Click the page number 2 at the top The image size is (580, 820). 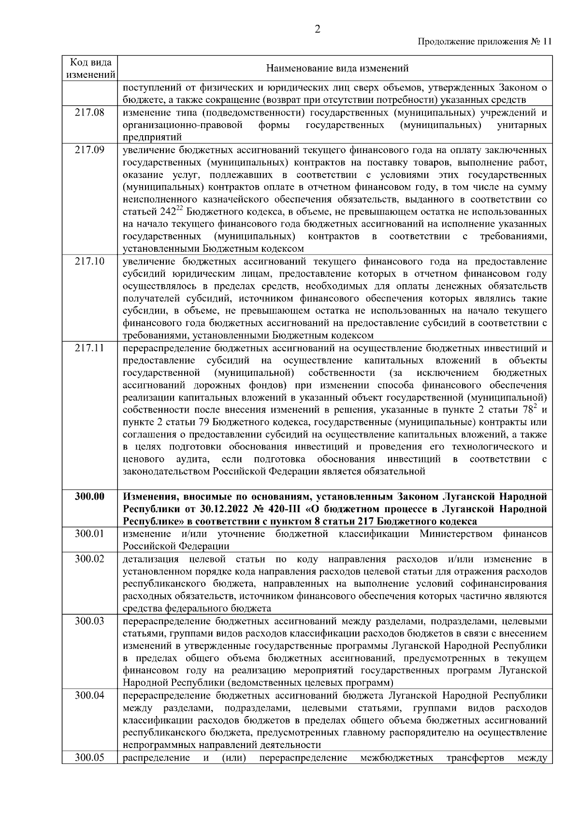click(x=317, y=29)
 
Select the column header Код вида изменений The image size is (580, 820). click(x=90, y=69)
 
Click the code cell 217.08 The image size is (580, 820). click(x=90, y=113)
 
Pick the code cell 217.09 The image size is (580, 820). click(x=90, y=150)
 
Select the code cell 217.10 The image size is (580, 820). click(x=90, y=261)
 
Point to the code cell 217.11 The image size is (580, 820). click(x=90, y=348)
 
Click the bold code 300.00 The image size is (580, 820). click(x=90, y=497)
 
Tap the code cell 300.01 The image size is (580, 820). click(x=90, y=534)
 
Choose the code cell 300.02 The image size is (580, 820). click(x=90, y=559)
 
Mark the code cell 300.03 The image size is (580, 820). click(x=90, y=621)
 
